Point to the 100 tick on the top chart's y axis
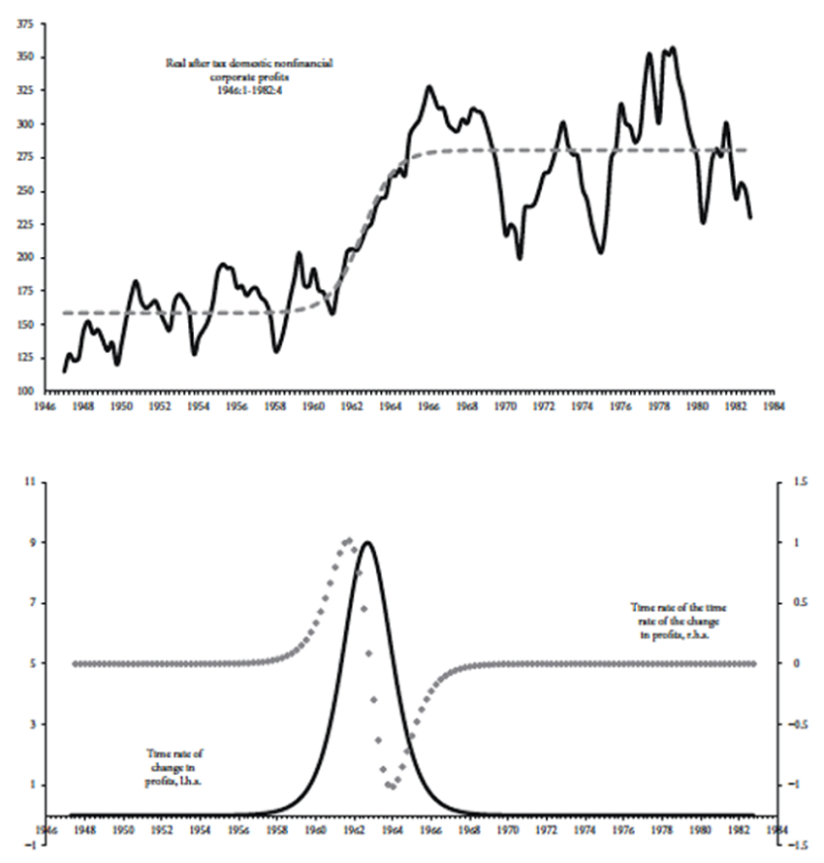21,391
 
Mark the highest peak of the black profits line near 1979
673,47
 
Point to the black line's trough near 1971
520,258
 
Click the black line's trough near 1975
602,252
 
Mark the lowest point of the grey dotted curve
392,786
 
